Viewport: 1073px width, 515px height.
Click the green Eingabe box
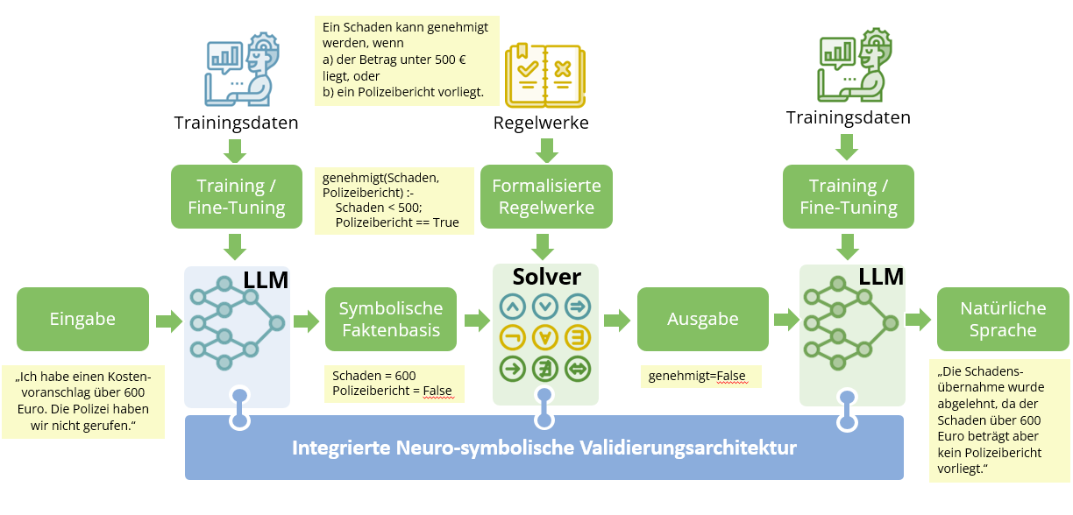[82, 320]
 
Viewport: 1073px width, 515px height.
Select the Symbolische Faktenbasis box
[391, 320]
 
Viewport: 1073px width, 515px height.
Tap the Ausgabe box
[703, 320]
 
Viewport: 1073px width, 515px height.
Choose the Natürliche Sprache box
[1003, 320]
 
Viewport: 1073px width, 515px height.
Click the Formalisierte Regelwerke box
[546, 197]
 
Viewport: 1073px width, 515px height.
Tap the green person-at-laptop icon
[849, 66]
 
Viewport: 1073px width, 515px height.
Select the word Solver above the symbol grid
[546, 277]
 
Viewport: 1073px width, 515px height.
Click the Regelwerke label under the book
[541, 123]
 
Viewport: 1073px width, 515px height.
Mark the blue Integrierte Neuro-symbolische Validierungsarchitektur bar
[544, 448]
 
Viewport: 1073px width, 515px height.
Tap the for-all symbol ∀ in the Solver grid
[545, 337]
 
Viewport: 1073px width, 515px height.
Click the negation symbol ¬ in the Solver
[513, 337]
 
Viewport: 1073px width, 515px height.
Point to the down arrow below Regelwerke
[545, 152]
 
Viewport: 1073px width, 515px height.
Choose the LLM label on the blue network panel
[266, 280]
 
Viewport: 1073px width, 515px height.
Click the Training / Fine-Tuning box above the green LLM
[848, 197]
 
